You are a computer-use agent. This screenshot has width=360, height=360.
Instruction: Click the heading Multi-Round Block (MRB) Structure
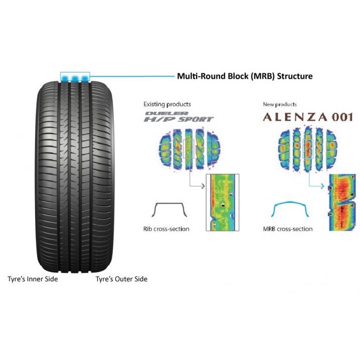tap(245, 76)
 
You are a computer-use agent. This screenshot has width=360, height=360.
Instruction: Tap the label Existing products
tap(167, 104)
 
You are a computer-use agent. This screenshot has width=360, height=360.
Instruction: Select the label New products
tap(280, 104)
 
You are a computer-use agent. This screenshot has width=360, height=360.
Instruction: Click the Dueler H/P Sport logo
tap(178, 117)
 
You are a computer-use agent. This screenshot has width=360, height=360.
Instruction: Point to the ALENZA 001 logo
tap(308, 117)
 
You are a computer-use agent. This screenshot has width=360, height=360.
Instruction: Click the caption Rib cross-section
tap(166, 229)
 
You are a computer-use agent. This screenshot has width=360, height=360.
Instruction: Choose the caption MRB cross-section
tap(288, 229)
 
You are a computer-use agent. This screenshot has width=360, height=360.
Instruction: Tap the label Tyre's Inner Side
tap(33, 279)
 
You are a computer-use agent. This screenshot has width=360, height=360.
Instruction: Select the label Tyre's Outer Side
tap(121, 279)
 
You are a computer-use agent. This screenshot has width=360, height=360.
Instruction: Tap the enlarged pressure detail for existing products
tap(223, 202)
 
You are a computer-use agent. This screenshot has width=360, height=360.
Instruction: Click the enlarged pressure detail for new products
tap(342, 203)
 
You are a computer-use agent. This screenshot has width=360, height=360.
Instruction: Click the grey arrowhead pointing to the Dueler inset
tap(203, 186)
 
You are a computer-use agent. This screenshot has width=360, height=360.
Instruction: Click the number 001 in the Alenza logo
tap(341, 117)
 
